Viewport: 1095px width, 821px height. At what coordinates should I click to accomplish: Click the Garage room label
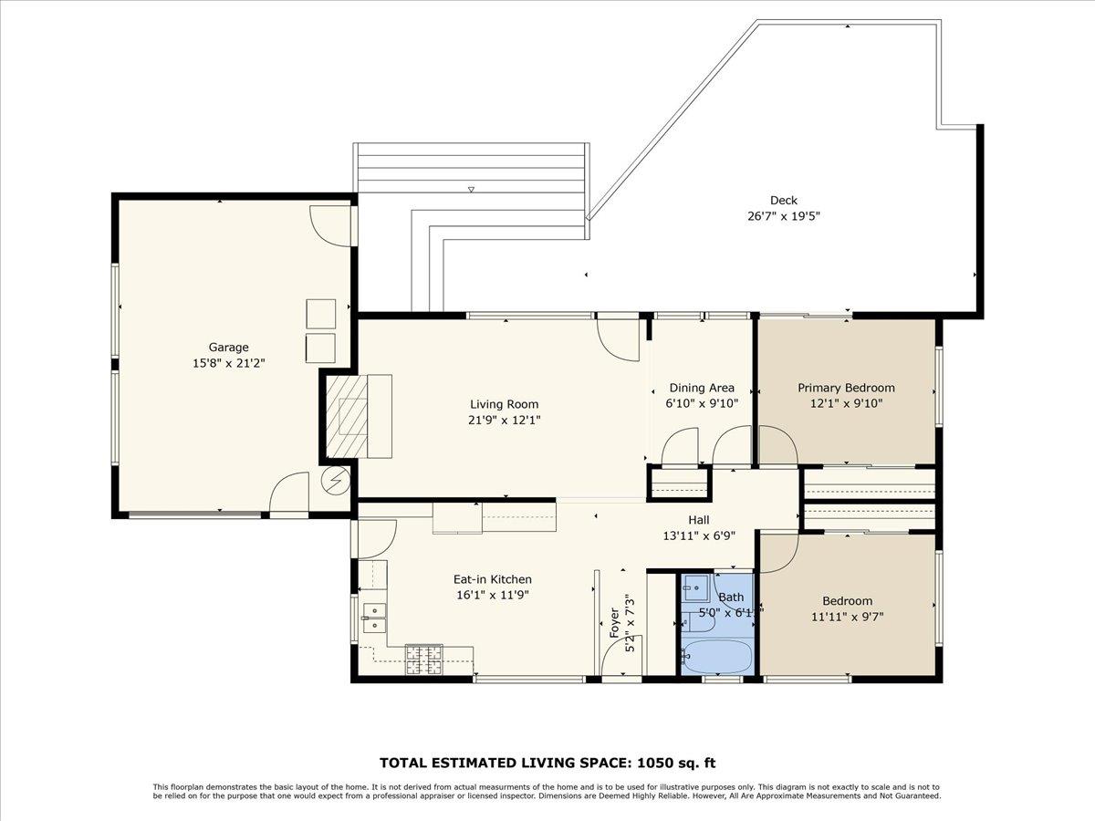coord(228,347)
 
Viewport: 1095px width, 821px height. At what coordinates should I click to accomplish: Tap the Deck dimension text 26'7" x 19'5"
coord(783,216)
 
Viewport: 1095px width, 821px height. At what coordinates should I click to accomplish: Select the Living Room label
coord(504,404)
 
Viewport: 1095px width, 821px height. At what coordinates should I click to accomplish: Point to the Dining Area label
coord(701,388)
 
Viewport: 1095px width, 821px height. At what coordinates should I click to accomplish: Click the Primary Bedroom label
coord(846,388)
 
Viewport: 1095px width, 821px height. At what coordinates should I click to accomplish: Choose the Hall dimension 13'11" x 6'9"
coord(699,536)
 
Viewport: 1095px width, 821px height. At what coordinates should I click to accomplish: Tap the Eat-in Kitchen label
coord(492,579)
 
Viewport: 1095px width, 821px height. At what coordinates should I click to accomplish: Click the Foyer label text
coord(613,623)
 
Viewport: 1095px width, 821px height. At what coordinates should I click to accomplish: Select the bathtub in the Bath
coord(717,657)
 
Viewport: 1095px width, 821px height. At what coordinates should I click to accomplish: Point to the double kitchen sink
coord(373,618)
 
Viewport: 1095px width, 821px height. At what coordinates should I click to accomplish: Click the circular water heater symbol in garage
coord(336,479)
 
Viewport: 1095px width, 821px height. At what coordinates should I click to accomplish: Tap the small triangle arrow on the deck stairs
coord(471,190)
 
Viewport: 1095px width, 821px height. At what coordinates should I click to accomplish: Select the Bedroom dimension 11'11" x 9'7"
coord(846,616)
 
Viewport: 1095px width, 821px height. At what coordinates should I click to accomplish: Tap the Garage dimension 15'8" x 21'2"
coord(228,362)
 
